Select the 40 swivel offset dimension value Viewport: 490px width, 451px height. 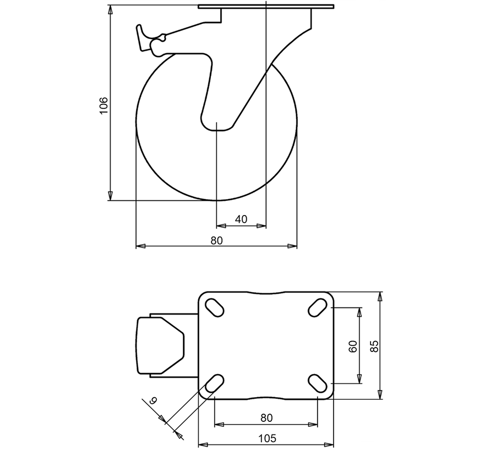click(241, 219)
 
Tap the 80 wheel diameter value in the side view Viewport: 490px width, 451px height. click(216, 240)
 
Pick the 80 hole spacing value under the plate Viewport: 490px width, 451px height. click(266, 417)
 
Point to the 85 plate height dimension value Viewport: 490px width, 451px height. click(374, 345)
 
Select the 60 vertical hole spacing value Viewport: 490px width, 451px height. click(353, 345)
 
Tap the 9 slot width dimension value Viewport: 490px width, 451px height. click(154, 402)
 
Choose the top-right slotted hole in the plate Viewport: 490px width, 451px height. click(317, 307)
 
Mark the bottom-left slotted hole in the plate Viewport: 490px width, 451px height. click(215, 384)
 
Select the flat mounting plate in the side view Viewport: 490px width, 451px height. click(266, 7)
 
